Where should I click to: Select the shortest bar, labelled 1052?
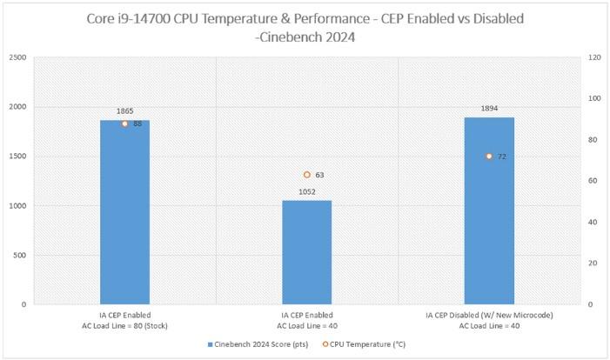[306, 252]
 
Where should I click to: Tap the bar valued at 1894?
[488, 213]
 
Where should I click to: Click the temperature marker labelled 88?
[124, 123]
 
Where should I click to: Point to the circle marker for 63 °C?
[306, 175]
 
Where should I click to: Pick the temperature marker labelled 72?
[488, 157]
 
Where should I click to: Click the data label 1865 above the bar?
[124, 111]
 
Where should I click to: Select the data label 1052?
[306, 192]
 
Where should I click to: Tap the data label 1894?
[488, 109]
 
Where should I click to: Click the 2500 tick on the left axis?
[17, 57]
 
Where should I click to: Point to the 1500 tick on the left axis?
[17, 157]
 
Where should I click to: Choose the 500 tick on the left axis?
[21, 256]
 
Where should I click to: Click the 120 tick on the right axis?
[597, 57]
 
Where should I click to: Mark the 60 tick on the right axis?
[595, 181]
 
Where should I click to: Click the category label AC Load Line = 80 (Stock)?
[124, 325]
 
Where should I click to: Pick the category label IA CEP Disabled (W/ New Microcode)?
[488, 315]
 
